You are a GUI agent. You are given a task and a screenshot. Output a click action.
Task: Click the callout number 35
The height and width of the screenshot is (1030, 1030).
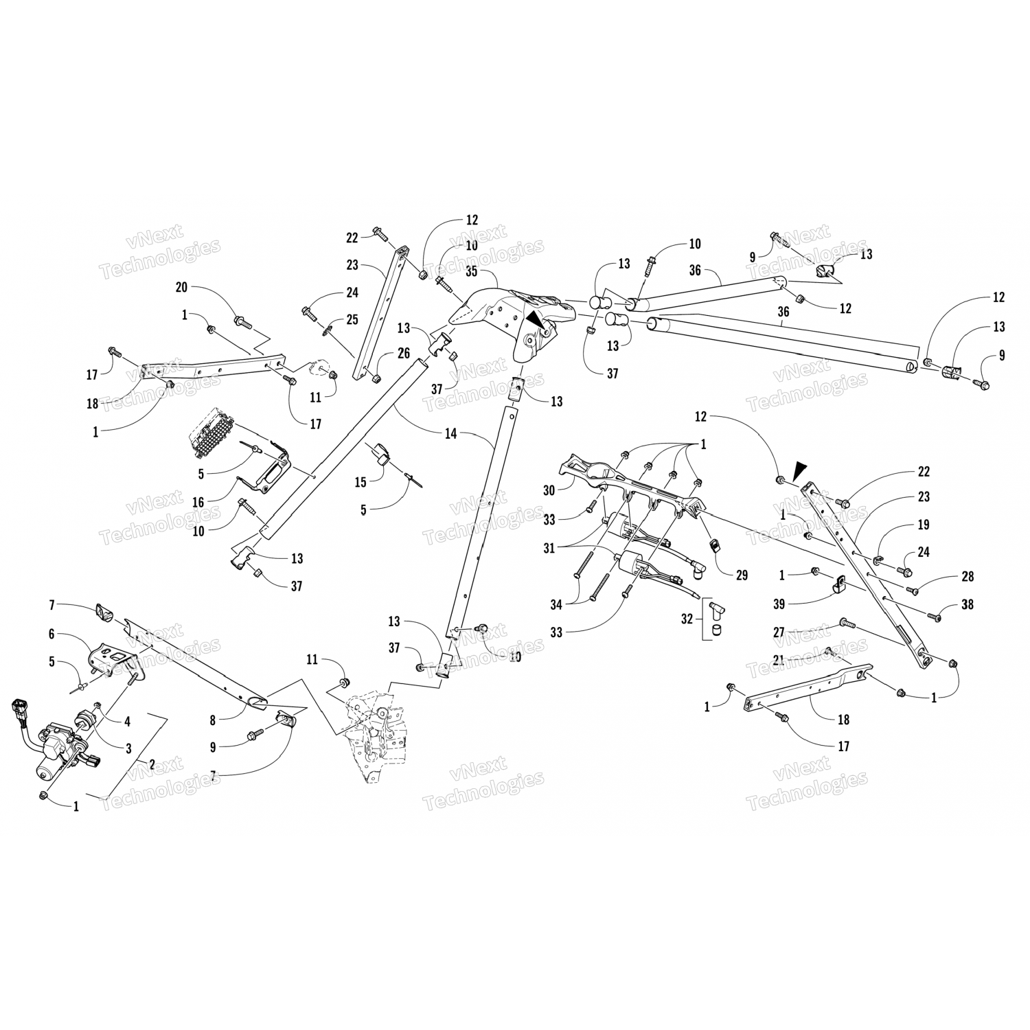tap(472, 271)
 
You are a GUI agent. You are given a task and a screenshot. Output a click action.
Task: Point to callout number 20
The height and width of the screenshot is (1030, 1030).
tap(181, 288)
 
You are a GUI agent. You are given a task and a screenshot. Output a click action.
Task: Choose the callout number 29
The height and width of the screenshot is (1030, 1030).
tap(742, 575)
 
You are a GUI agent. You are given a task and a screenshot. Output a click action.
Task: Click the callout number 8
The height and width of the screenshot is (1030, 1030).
tap(214, 720)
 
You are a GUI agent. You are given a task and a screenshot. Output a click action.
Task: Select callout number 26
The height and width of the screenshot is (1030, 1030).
tap(404, 353)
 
